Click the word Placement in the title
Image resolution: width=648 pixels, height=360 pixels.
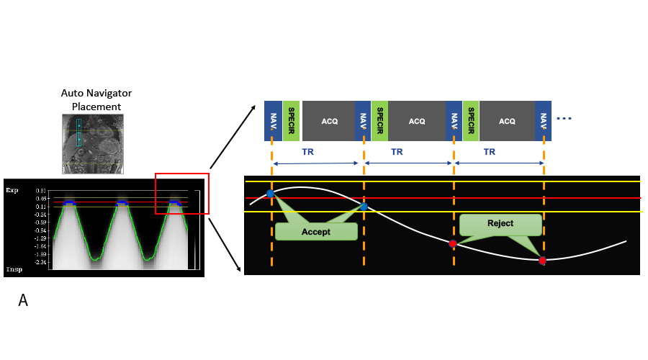96,107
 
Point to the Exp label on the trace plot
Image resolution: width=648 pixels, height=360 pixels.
12,191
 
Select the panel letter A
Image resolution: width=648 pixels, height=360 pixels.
23,301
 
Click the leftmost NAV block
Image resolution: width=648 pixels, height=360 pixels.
273,120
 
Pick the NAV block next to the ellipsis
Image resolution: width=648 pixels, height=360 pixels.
543,120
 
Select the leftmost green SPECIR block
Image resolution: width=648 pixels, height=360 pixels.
292,120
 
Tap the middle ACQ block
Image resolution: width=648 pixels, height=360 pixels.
417,121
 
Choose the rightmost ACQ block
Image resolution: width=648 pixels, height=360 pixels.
507,121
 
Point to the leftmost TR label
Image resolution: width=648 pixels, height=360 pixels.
307,153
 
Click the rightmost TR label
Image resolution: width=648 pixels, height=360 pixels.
490,153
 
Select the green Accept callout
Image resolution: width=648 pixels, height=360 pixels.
316,232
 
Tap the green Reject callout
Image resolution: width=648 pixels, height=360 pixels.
500,223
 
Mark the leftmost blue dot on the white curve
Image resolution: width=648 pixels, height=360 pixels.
270,194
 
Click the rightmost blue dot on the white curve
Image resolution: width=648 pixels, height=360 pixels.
364,207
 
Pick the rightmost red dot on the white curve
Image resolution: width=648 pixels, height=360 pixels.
542,261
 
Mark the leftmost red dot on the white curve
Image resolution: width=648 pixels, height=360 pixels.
453,244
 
